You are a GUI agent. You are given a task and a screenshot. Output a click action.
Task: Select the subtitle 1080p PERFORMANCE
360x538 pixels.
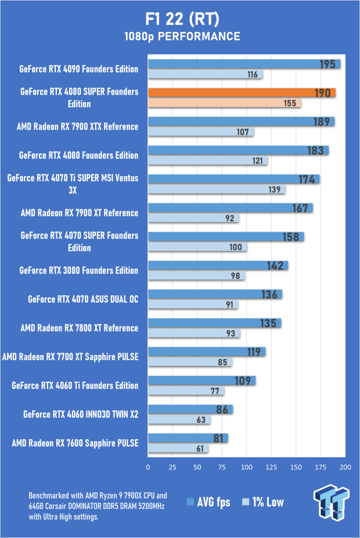[181, 37]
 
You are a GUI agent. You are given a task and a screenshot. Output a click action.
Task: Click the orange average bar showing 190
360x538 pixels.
[242, 93]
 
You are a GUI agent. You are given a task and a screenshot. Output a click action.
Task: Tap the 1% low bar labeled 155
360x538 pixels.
[224, 103]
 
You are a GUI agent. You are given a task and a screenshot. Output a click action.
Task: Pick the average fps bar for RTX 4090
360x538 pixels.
[244, 64]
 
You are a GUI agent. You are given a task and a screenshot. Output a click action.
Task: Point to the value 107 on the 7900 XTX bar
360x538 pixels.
[243, 132]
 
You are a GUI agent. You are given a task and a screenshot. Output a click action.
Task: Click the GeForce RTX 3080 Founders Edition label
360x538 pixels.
[79, 270]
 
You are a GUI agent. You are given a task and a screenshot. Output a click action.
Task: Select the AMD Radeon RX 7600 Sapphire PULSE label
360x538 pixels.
[75, 443]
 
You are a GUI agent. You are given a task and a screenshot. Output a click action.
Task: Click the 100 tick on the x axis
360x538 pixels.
[247, 467]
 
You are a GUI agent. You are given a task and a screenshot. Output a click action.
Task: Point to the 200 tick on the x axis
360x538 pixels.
[345, 467]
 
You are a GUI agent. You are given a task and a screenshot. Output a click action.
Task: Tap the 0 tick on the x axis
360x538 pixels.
[148, 467]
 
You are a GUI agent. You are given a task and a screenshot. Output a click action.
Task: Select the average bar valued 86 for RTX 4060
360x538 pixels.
[190, 410]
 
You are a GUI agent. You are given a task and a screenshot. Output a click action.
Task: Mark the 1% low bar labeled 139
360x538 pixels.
[216, 189]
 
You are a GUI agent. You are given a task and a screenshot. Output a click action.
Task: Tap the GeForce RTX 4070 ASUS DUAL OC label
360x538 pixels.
[83, 299]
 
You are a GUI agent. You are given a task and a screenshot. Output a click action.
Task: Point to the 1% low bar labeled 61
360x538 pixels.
[178, 449]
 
